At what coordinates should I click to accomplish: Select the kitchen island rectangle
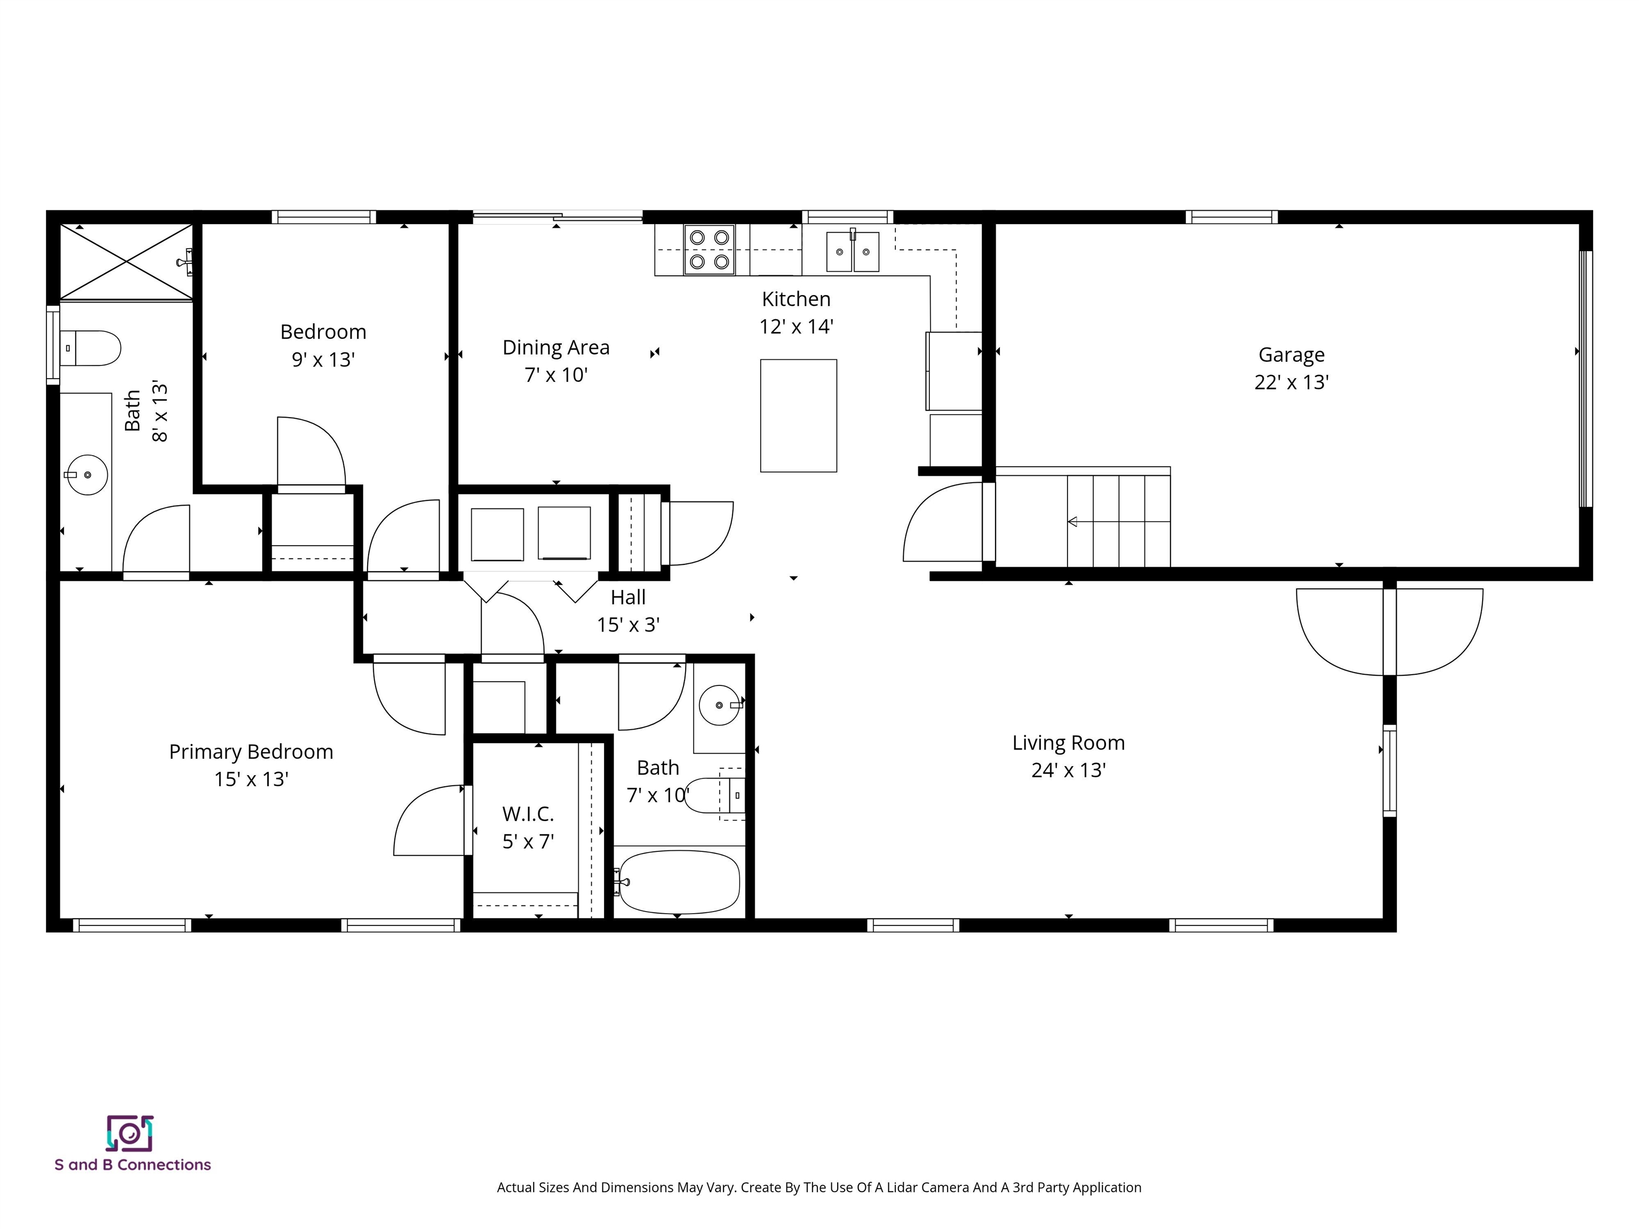[798, 416]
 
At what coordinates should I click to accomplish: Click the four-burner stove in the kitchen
[709, 250]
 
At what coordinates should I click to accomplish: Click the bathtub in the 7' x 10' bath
[679, 882]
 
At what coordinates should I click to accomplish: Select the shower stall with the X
[126, 261]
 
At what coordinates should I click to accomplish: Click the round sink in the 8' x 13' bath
[87, 475]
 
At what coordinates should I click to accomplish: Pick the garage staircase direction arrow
[1072, 522]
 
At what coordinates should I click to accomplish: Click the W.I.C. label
[528, 814]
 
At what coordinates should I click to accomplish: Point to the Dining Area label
[556, 347]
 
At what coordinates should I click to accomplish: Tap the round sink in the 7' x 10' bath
[720, 705]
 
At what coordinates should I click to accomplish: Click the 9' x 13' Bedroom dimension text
[323, 360]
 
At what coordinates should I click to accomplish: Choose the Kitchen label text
[796, 299]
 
